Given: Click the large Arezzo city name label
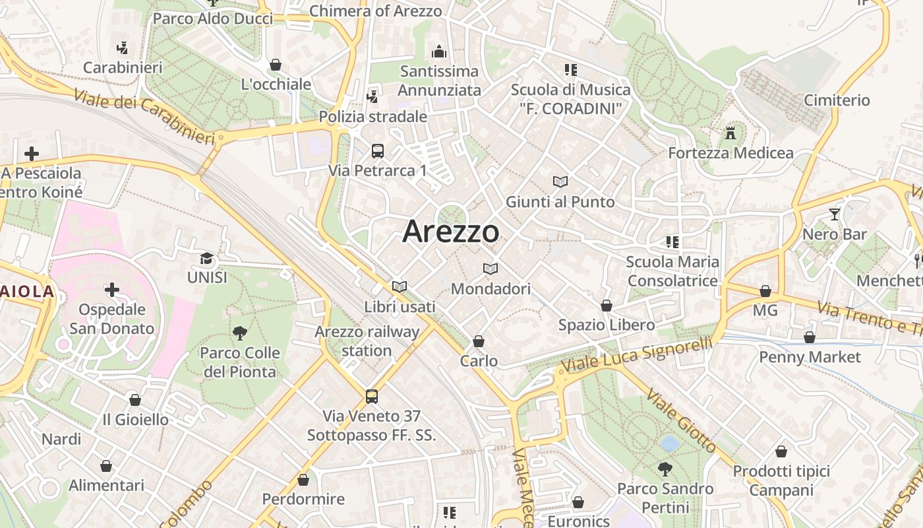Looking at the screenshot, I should [451, 231].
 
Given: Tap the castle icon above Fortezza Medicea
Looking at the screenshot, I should [730, 133].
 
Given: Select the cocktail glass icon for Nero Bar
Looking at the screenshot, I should [835, 214].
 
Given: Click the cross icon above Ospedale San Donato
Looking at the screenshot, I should [112, 290].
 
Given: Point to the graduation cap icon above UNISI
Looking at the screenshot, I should [207, 258].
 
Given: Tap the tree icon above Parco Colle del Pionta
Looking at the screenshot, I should [240, 333].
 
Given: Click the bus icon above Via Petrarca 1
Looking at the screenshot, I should [378, 151].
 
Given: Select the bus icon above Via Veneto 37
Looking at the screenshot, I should [372, 397].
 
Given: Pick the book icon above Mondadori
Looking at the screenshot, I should [490, 269].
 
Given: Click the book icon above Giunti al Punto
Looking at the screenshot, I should [560, 181].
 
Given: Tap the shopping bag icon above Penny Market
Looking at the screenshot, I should [810, 337].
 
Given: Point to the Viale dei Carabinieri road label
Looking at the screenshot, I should [144, 117].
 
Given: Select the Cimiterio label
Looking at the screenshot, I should [837, 100].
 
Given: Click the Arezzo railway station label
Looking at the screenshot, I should [367, 341].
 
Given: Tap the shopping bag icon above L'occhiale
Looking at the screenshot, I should [276, 65].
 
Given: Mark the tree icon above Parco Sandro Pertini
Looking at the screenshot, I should [665, 469].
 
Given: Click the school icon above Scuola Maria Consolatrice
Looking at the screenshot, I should [672, 242].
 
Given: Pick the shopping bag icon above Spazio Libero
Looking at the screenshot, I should [607, 306].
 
